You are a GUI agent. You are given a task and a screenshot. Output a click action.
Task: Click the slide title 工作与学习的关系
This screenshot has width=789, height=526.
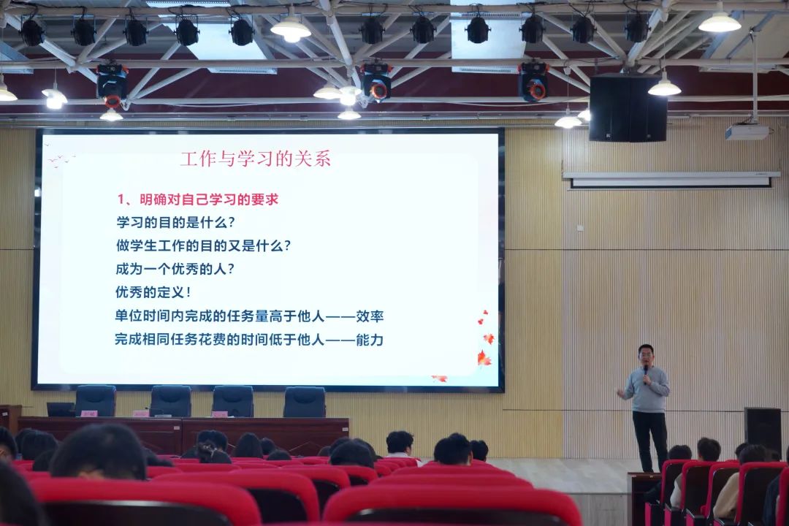[255, 159]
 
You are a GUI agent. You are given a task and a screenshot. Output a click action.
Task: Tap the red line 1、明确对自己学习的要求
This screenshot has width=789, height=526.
[198, 199]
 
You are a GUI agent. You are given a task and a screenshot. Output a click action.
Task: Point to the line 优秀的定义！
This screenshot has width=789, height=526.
[153, 292]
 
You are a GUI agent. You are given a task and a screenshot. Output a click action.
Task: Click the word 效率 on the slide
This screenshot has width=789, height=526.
[370, 316]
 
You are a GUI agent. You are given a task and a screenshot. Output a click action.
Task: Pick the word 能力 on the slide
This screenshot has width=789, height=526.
[370, 340]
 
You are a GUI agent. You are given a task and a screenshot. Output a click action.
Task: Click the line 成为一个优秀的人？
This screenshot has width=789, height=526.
[175, 269]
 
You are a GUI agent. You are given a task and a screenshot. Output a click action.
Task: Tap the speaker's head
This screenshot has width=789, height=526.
[646, 354]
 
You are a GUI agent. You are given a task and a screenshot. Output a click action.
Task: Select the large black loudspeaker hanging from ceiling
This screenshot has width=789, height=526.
[628, 107]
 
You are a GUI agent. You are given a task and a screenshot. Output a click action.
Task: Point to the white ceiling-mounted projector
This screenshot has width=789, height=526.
[747, 132]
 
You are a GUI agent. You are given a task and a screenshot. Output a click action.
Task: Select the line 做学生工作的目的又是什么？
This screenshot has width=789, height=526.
[203, 245]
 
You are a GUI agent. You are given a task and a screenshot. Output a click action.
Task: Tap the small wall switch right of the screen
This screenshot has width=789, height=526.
[580, 228]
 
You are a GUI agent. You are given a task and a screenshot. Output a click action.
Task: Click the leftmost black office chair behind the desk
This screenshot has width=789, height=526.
[95, 400]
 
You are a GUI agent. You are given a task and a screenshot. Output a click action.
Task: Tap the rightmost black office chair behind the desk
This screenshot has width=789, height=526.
[304, 401]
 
